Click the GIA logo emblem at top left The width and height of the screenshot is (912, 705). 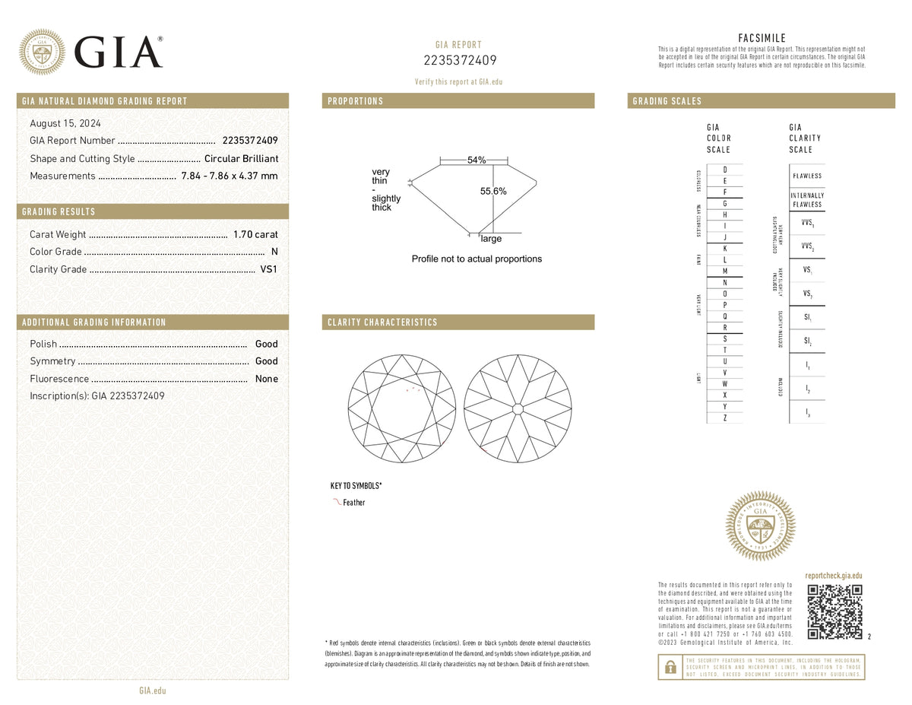point(42,52)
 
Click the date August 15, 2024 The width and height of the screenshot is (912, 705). point(65,123)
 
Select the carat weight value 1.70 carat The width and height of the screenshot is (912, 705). point(255,234)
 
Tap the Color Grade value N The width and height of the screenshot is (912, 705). point(274,252)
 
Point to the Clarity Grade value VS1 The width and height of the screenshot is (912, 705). point(269,269)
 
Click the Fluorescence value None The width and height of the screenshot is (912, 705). point(266,379)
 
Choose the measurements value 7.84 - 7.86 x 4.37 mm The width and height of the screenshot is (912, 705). point(229,176)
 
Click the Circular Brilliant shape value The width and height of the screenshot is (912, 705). point(241,158)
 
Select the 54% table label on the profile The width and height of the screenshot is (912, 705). point(477,160)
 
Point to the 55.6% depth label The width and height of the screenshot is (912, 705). point(493,192)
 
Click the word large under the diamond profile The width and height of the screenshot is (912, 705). point(491,239)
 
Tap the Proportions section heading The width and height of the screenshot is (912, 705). point(355,101)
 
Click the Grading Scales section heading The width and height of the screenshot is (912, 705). point(667,101)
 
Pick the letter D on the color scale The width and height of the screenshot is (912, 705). point(724,169)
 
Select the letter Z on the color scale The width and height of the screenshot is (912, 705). point(724,418)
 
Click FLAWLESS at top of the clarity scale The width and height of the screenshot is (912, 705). point(806,176)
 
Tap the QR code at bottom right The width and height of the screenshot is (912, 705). point(834,612)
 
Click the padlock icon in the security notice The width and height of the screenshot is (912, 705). point(670,667)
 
